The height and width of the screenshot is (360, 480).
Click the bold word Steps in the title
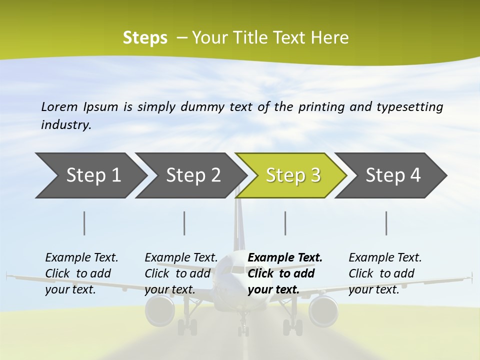145,38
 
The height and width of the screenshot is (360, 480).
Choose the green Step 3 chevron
292,175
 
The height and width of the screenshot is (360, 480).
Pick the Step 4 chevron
393,175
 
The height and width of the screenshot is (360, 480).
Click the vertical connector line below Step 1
84,223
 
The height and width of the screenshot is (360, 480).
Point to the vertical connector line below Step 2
184,223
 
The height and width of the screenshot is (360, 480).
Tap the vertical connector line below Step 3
285,223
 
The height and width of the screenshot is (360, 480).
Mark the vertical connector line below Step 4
386,223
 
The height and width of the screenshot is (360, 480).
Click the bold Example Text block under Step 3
285,273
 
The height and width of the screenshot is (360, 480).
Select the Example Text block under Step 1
81,273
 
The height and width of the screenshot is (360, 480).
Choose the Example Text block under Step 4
385,273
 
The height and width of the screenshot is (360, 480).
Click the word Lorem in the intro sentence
59,106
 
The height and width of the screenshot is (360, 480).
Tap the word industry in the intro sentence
65,125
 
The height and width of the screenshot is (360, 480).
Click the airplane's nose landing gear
243,328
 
